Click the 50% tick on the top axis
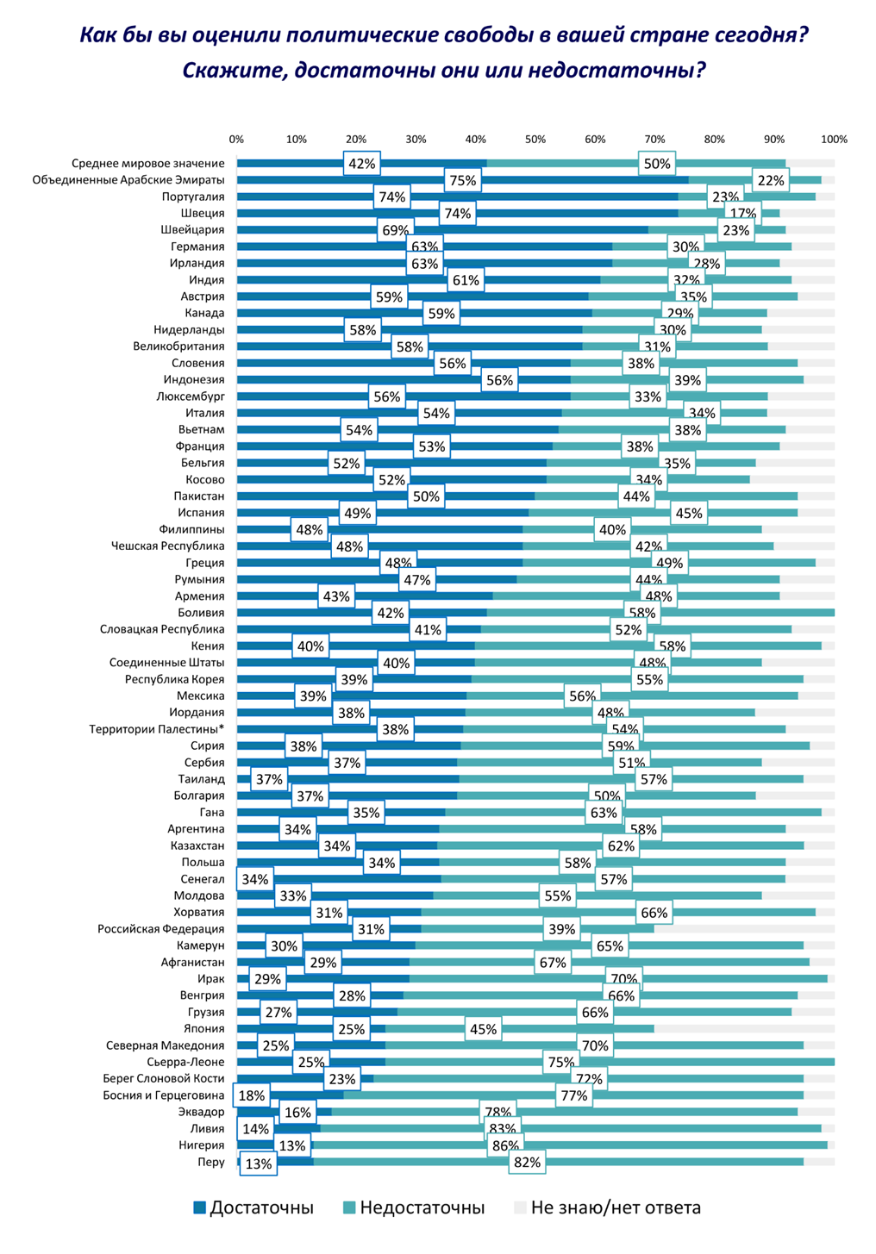point(535,139)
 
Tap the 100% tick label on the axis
point(834,139)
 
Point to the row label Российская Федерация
point(160,929)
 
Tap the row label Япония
point(203,1028)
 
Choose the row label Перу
point(210,1162)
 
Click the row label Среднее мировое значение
point(147,163)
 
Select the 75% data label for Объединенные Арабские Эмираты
point(462,180)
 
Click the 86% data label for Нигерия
point(504,1145)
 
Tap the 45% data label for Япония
point(483,1028)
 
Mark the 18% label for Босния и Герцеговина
point(252,1095)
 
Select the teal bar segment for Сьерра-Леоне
point(690,1062)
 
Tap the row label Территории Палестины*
point(157,729)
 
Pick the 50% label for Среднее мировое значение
point(657,164)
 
